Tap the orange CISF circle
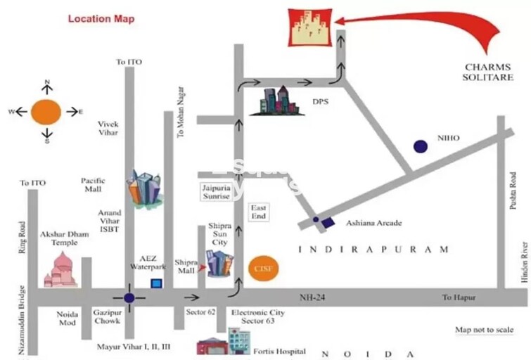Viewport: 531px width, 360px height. (x=260, y=268)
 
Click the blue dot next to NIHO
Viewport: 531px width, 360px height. (x=420, y=146)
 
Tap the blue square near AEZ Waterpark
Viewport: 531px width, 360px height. (x=157, y=283)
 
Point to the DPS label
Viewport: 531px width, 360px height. (x=321, y=101)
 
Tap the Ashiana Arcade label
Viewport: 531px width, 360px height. (x=373, y=223)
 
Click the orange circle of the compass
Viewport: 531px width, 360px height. (x=47, y=111)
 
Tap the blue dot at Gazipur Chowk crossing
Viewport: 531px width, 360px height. (x=129, y=297)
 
